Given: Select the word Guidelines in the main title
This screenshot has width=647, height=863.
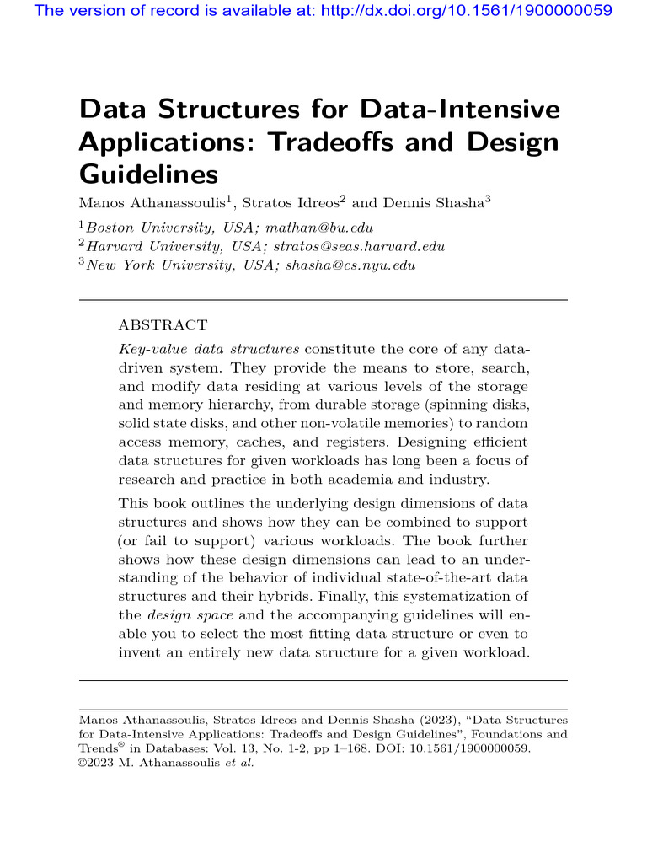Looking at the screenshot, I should [x=148, y=174].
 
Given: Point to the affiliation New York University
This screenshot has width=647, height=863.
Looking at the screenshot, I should [x=149, y=265].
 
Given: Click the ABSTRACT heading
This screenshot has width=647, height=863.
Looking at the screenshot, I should [x=163, y=324].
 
